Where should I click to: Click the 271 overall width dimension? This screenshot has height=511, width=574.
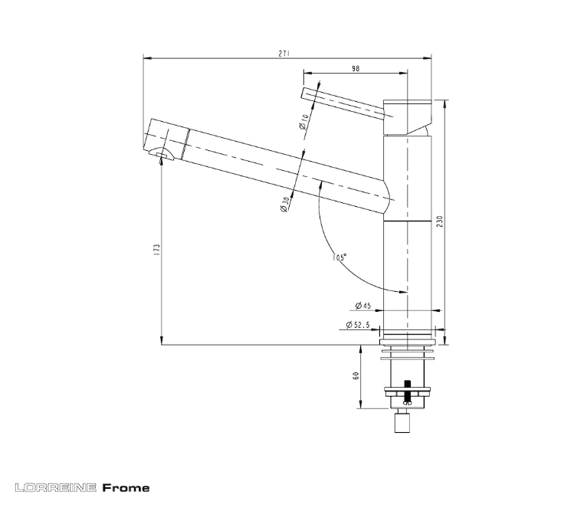284,54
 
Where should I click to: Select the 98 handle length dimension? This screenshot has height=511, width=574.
356,68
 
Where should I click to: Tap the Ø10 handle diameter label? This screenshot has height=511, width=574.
303,122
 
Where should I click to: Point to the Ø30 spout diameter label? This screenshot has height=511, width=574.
285,205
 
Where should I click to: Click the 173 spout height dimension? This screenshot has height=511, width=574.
157,249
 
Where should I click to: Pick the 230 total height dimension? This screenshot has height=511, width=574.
440,221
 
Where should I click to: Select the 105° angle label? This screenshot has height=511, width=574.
339,257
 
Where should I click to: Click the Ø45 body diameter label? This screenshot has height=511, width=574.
363,305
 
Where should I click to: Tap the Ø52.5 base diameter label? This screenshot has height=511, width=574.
358,325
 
